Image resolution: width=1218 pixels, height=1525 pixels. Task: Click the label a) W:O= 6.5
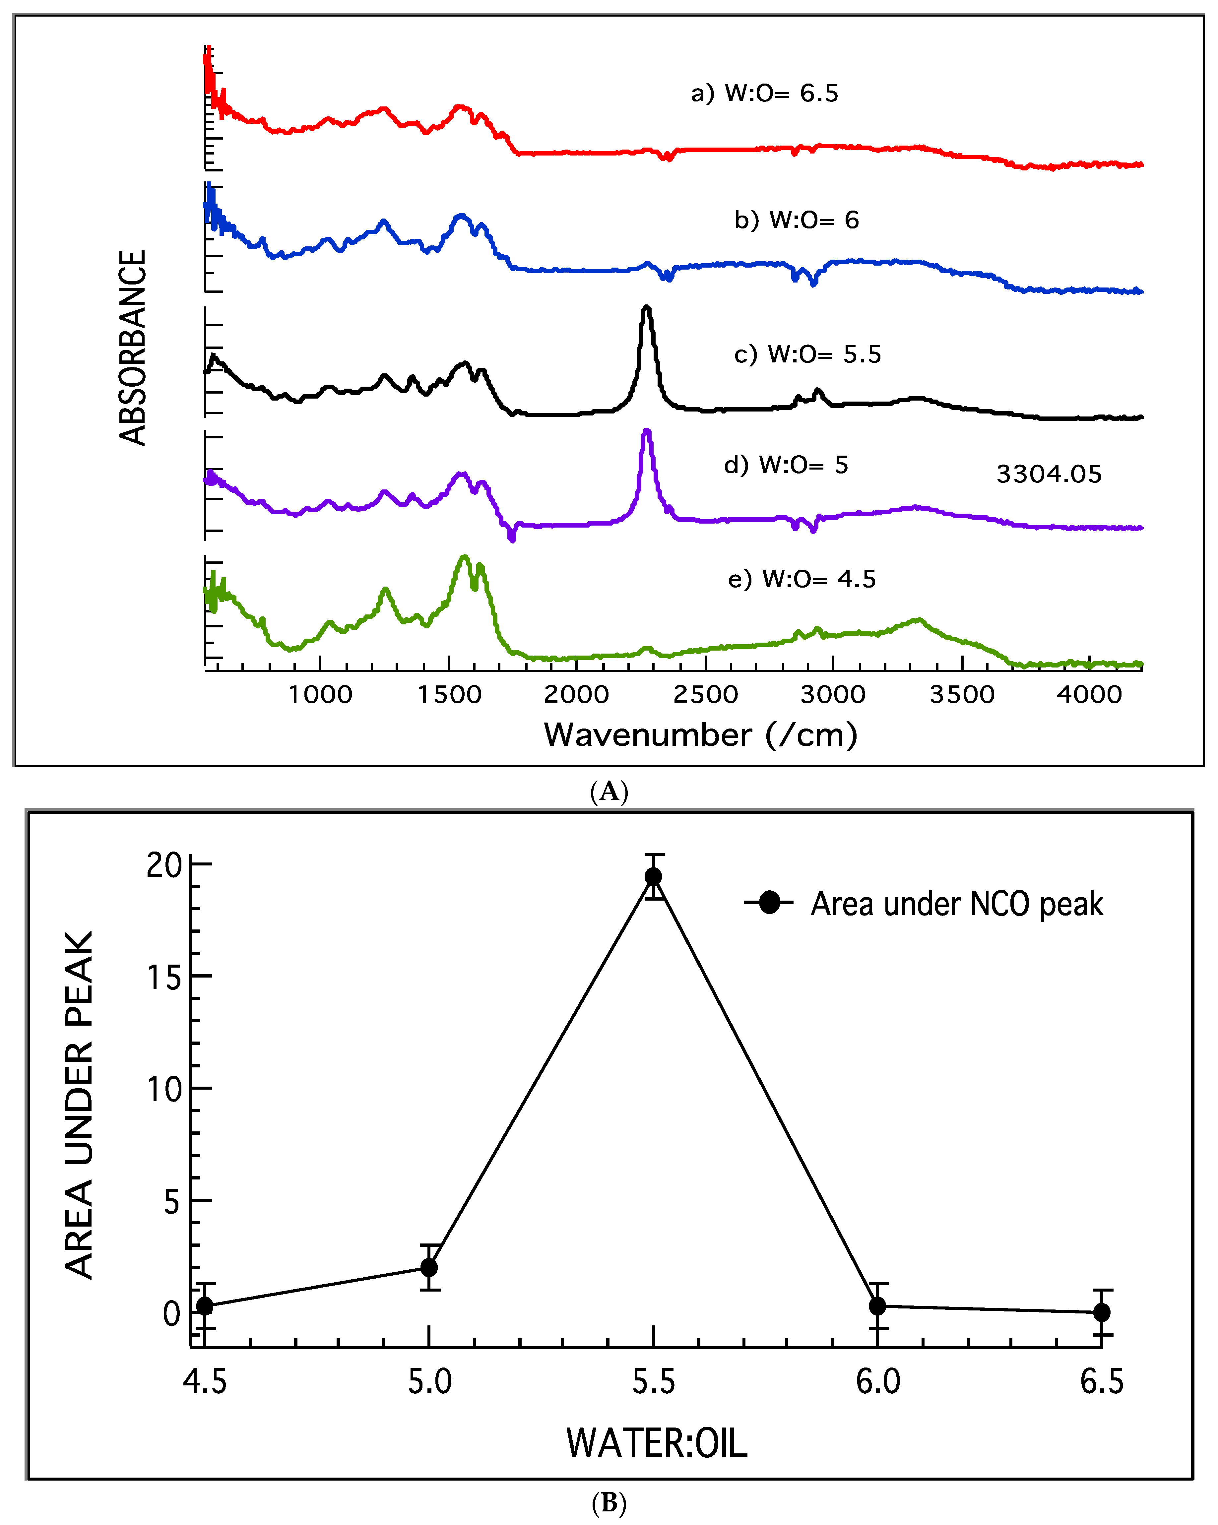point(765,94)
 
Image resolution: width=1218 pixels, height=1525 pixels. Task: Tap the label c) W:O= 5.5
point(808,354)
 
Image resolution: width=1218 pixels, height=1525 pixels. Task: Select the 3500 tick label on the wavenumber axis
point(962,695)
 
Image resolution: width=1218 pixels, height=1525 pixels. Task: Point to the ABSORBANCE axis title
point(132,348)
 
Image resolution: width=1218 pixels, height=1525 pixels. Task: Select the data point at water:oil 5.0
point(429,1268)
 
